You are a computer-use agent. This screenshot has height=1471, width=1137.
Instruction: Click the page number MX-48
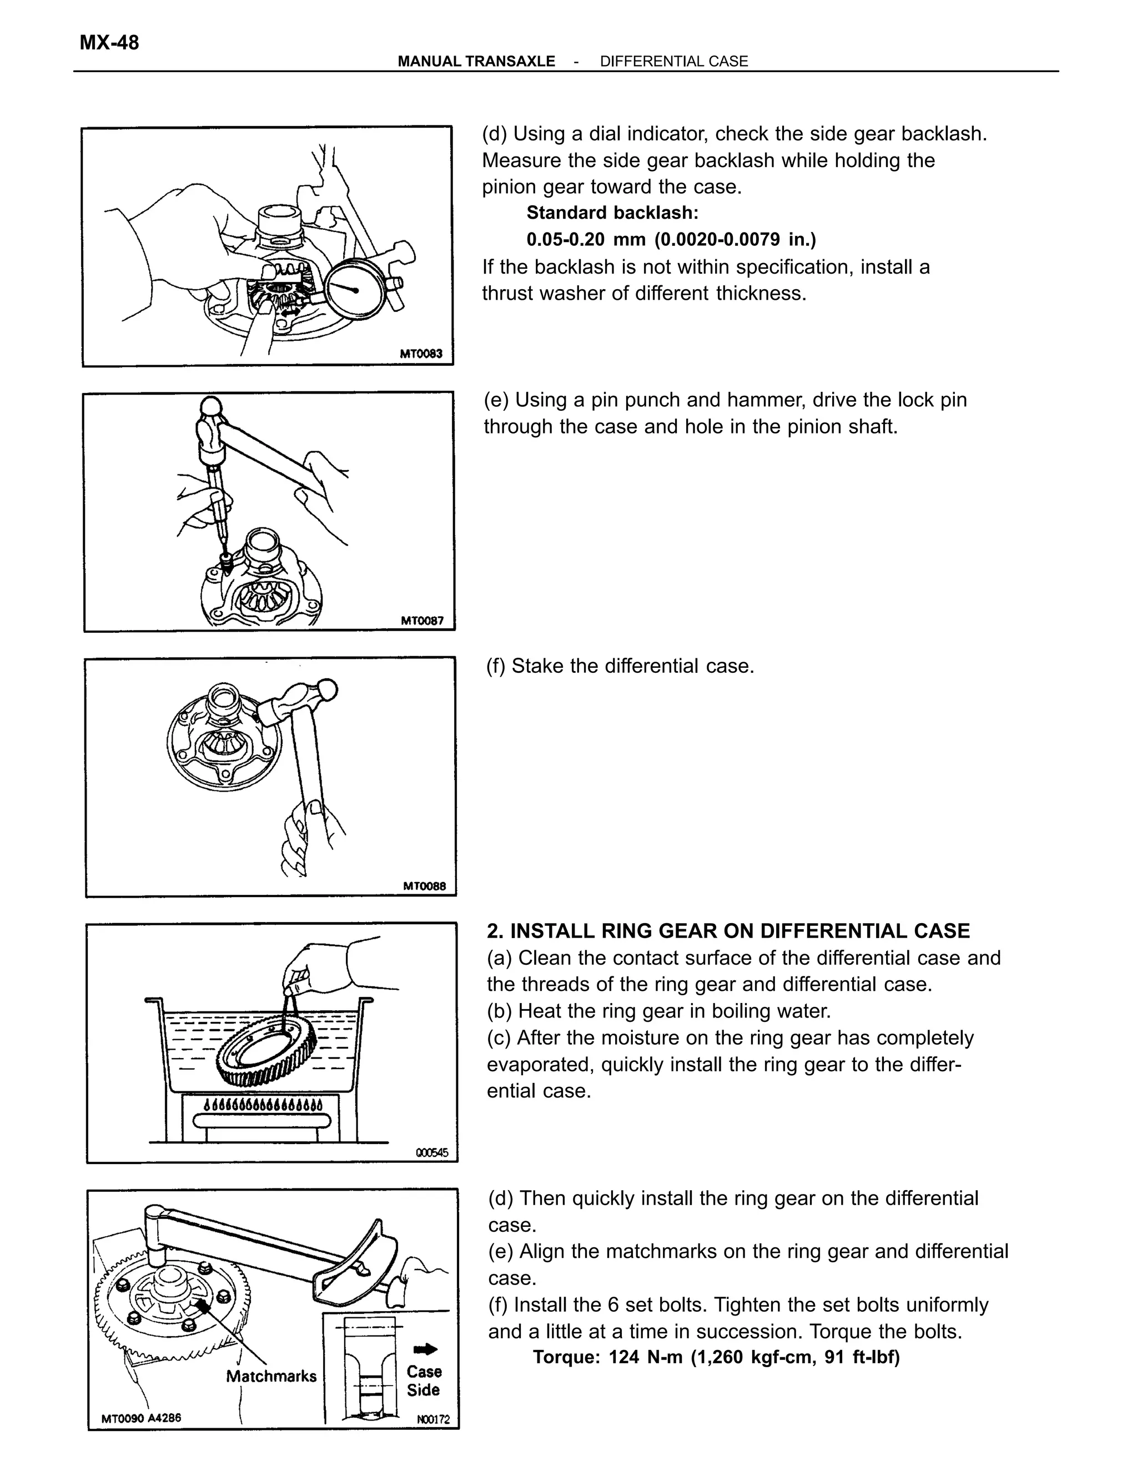[x=109, y=42]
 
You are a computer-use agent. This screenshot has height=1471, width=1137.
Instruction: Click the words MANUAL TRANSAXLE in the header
[x=476, y=61]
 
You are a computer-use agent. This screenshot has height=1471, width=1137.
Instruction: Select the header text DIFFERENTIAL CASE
[x=673, y=61]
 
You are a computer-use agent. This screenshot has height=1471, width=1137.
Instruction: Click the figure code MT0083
[x=421, y=353]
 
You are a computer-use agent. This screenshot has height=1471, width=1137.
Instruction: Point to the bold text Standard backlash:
[x=612, y=213]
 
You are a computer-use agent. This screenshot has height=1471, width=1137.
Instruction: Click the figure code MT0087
[x=422, y=621]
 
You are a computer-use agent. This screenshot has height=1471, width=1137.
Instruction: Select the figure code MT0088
[x=424, y=886]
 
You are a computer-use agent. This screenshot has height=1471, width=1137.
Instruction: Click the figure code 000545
[x=432, y=1152]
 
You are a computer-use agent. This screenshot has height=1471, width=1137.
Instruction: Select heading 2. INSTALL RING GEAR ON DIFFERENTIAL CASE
[x=728, y=931]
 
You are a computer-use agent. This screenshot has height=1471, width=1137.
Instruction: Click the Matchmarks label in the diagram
[x=271, y=1376]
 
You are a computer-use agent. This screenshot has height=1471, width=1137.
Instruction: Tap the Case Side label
[x=424, y=1381]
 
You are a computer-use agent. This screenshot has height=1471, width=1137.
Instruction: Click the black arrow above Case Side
[x=425, y=1348]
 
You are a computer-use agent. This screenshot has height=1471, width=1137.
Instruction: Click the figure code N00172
[x=433, y=1419]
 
